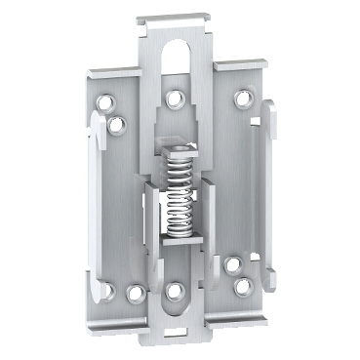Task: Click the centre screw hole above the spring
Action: click(175, 98)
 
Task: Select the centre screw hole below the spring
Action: click(175, 290)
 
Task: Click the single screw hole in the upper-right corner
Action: click(241, 98)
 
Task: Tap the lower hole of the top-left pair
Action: click(118, 123)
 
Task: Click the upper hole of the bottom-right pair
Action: click(231, 264)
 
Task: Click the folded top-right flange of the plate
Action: click(244, 70)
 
